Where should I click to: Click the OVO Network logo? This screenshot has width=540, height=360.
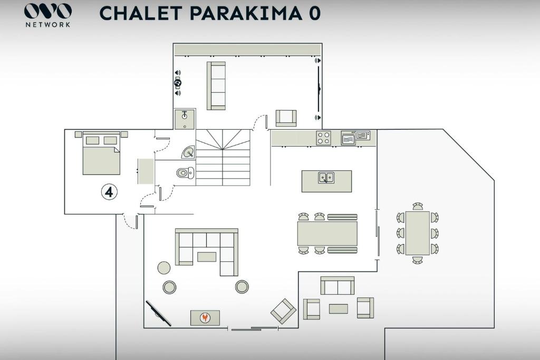tap(48, 15)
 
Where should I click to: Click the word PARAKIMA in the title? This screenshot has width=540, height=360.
tap(244, 13)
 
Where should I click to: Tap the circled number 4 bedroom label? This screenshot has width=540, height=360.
tap(109, 192)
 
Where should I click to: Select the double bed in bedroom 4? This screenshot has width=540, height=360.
tap(101, 153)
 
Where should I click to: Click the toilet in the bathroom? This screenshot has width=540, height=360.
tap(185, 172)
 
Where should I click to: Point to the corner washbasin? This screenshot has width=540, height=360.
tap(188, 152)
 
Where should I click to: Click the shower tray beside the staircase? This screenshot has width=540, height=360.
tap(185, 119)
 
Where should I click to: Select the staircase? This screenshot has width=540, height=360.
tap(223, 158)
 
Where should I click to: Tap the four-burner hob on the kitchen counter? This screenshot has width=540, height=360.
tap(323, 138)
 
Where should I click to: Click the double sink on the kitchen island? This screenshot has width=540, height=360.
tap(326, 178)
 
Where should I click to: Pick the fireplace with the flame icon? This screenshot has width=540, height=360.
tap(205, 318)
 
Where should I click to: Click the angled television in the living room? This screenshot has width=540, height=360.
tap(158, 313)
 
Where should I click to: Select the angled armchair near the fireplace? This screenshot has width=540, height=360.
tap(283, 311)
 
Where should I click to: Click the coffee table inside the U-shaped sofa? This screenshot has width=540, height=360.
tap(207, 257)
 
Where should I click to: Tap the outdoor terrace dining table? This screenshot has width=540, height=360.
tap(418, 233)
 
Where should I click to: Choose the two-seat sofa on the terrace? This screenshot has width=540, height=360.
tap(337, 285)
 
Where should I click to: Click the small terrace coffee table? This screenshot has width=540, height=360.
tap(338, 309)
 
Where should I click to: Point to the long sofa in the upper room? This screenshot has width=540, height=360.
tap(216, 86)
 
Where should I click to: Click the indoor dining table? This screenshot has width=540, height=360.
tap(327, 233)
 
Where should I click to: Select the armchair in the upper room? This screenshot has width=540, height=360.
tap(286, 118)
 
